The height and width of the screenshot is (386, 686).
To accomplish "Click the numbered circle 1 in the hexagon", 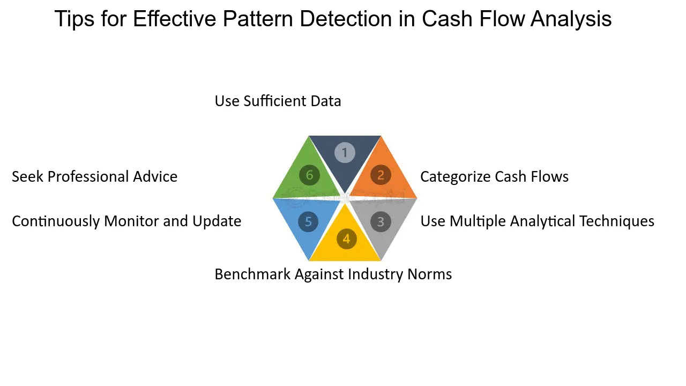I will tap(345, 153).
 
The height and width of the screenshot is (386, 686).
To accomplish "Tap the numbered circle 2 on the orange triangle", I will tap(381, 175).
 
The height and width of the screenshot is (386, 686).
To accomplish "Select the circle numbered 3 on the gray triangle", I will tap(381, 221).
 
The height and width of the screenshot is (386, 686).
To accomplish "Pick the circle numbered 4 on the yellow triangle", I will tap(346, 239).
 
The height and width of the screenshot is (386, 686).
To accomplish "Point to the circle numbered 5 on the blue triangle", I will tap(309, 222).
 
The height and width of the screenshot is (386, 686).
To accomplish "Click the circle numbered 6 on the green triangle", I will tap(309, 175).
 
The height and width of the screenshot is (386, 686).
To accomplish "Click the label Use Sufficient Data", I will tap(278, 101).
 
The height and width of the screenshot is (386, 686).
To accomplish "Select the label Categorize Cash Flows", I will tap(494, 177).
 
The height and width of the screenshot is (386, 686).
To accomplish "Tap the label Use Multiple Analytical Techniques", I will tap(537, 221).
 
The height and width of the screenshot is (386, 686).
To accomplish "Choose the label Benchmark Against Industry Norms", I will tap(333, 274).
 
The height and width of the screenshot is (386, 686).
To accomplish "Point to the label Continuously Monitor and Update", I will tap(126, 221).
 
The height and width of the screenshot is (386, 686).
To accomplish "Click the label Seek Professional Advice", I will tap(94, 177).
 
